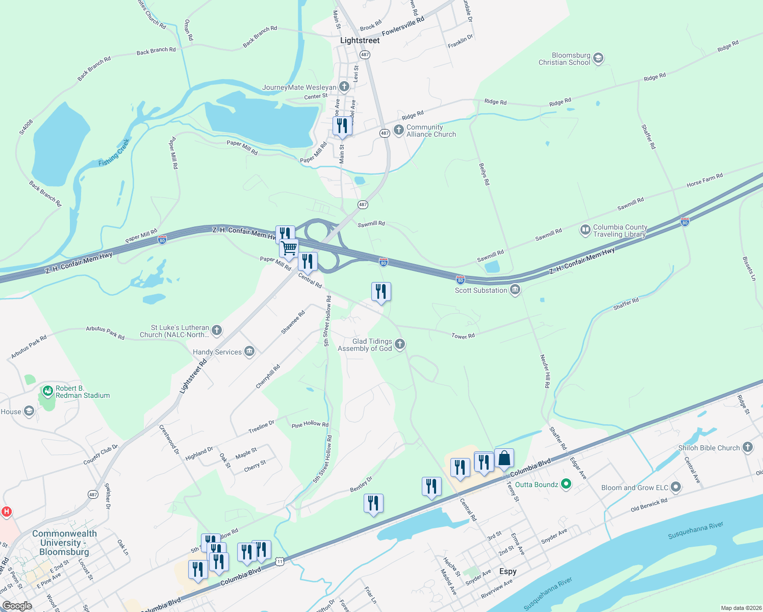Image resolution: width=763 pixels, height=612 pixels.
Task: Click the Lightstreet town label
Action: [360, 40]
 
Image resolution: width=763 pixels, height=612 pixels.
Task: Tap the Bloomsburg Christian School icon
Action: [598, 58]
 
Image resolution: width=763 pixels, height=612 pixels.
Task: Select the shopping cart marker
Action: [289, 248]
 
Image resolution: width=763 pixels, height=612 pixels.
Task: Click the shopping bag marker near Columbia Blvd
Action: [504, 458]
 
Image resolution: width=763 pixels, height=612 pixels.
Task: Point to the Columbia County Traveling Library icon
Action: [585, 230]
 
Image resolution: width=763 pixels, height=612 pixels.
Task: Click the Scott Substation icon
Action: [515, 290]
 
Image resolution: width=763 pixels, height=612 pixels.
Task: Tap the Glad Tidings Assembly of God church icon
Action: [400, 344]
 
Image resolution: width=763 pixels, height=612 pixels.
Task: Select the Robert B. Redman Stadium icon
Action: [48, 391]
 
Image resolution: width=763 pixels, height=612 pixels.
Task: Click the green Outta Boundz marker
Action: [566, 484]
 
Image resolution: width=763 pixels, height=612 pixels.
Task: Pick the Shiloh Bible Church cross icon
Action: [747, 447]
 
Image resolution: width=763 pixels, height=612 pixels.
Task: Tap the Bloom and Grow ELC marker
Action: [676, 487]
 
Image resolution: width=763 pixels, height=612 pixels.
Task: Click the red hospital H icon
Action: [7, 511]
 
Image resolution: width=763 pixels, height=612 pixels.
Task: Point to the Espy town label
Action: [507, 571]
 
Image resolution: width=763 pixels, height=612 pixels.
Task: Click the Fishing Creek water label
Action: [114, 152]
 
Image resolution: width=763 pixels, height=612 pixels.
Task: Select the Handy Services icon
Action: [249, 351]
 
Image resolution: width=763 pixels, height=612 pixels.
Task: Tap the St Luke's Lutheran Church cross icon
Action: [217, 330]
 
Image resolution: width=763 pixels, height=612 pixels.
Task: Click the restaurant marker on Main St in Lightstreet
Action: [342, 125]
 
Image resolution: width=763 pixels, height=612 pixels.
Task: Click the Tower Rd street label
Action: [463, 336]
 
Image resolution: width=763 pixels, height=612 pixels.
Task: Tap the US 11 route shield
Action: [279, 561]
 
